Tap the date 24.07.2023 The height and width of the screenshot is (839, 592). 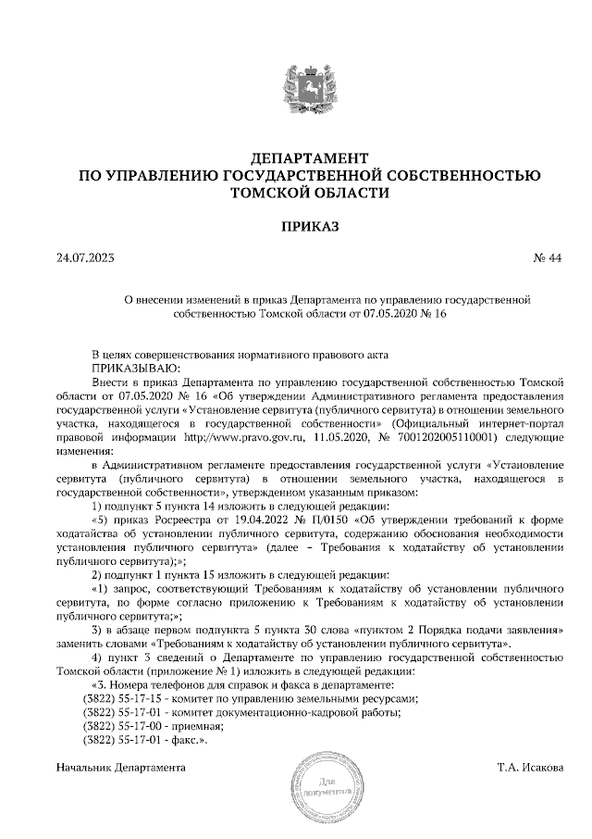(85, 258)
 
